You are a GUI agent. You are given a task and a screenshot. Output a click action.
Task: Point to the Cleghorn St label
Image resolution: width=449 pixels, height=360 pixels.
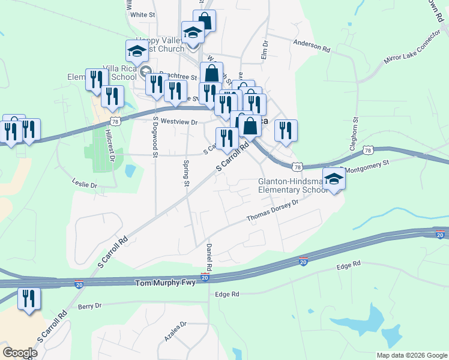coord(355,130)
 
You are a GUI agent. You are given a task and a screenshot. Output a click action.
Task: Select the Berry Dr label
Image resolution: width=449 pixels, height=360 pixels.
coord(89,306)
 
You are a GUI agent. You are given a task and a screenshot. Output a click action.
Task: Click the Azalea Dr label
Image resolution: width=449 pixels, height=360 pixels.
coord(176,332)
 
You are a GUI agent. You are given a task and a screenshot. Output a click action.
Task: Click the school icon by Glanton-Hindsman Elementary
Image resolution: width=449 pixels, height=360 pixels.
coord(334,178)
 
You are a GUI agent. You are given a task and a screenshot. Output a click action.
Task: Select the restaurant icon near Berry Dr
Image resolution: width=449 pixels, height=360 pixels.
coord(28,298)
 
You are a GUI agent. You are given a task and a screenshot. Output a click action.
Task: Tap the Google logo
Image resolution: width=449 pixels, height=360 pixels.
coord(20,353)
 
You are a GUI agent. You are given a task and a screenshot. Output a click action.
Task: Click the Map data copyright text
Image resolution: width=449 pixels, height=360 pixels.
coord(412,355)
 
